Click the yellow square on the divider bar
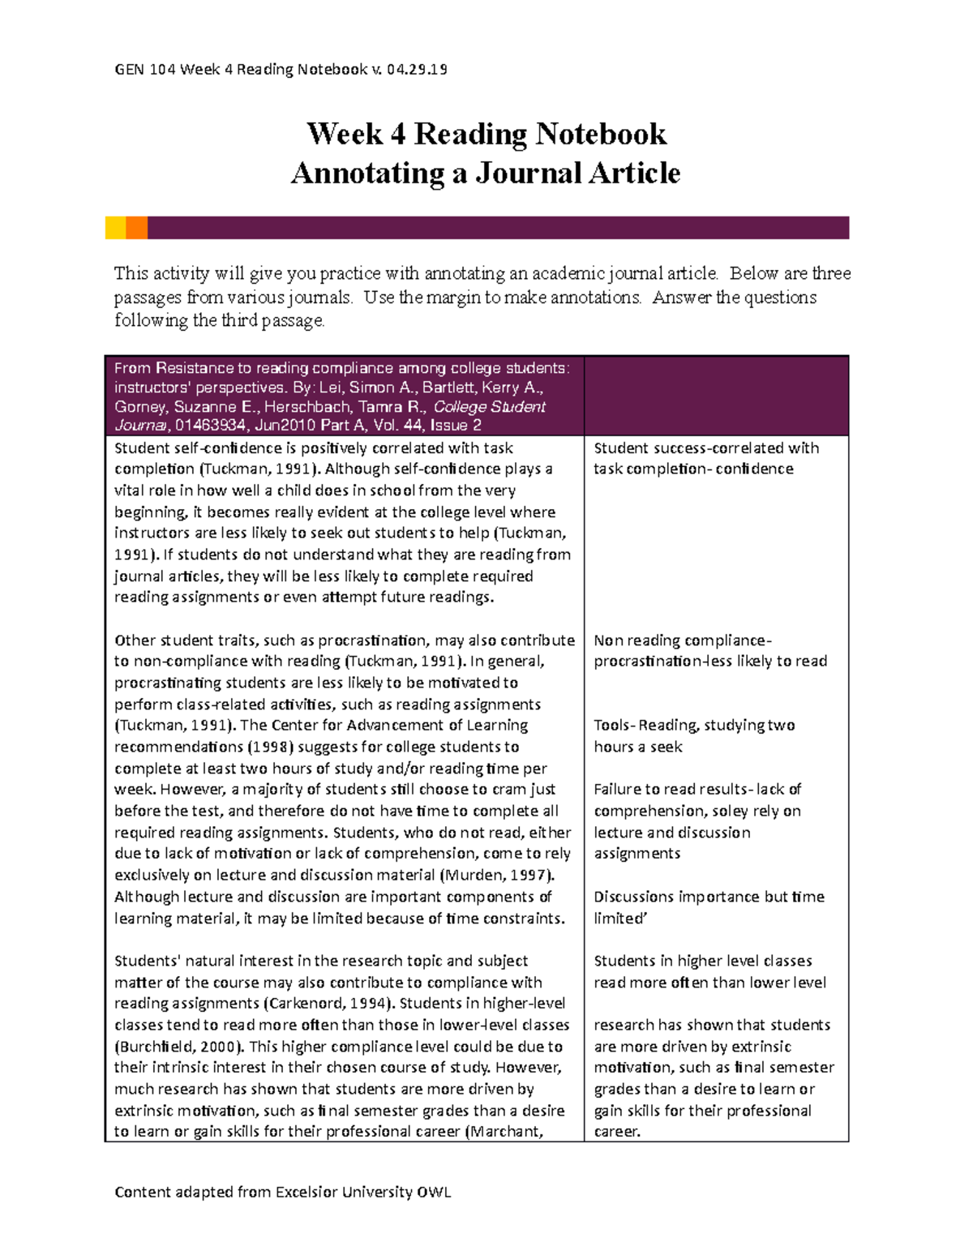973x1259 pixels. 115,228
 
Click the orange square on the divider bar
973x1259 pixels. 136,228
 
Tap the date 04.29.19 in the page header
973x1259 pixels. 417,69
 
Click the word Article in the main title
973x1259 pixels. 634,173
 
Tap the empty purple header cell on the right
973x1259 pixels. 716,396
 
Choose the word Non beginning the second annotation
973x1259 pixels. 608,640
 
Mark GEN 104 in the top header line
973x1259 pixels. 145,69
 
